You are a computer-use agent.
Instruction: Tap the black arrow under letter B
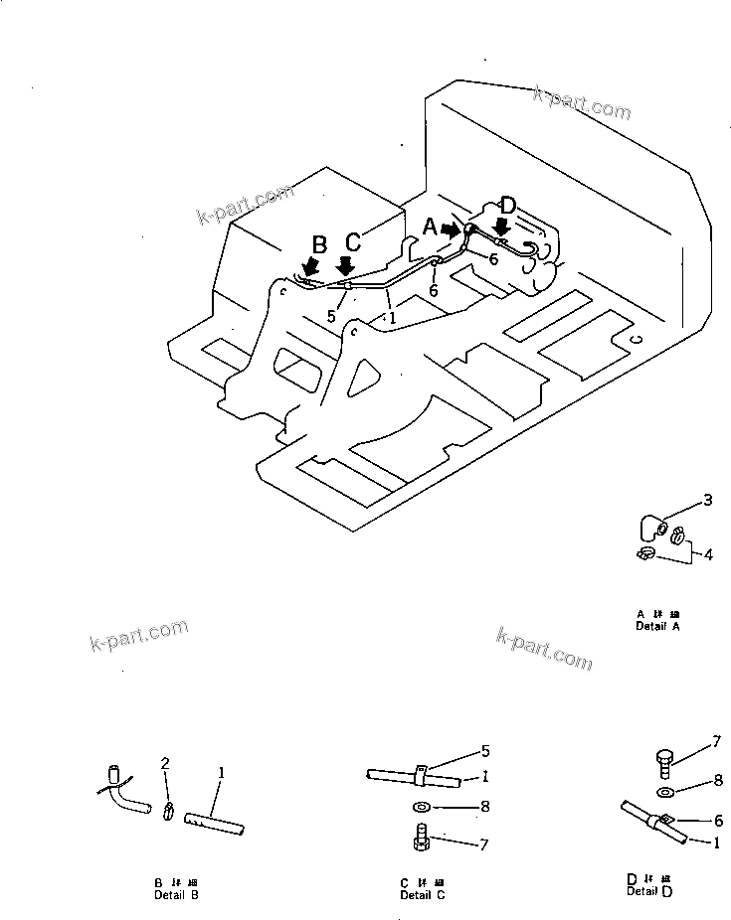[x=311, y=266]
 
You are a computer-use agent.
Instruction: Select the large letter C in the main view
[x=353, y=242]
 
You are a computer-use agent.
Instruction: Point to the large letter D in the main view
[x=507, y=207]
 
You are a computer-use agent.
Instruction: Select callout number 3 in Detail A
[x=708, y=500]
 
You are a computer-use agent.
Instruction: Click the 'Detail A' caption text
[x=657, y=626]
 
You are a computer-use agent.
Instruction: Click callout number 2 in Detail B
[x=166, y=763]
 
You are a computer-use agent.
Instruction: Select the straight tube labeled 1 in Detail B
[x=218, y=824]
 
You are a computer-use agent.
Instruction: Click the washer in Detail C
[x=422, y=807]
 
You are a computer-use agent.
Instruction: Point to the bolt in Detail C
[x=422, y=840]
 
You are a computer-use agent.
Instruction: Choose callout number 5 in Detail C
[x=485, y=750]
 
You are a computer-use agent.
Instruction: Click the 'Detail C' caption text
[x=423, y=894]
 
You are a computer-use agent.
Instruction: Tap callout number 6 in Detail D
[x=715, y=821]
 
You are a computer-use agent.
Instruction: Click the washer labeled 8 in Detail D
[x=665, y=792]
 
